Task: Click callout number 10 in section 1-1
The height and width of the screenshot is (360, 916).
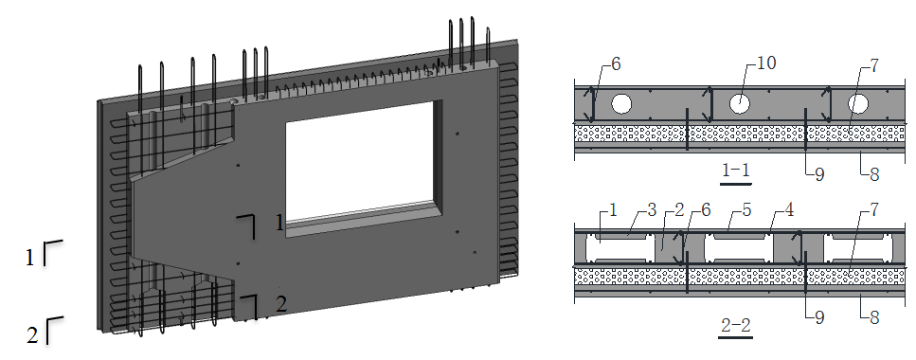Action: point(765,63)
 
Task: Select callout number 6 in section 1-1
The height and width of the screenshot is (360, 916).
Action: point(615,64)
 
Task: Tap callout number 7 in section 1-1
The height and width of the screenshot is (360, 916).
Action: point(873,66)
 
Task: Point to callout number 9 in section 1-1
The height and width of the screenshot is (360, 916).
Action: point(819,174)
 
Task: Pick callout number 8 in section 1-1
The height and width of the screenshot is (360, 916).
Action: point(874,174)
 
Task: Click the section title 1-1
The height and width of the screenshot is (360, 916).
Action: point(735,171)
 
